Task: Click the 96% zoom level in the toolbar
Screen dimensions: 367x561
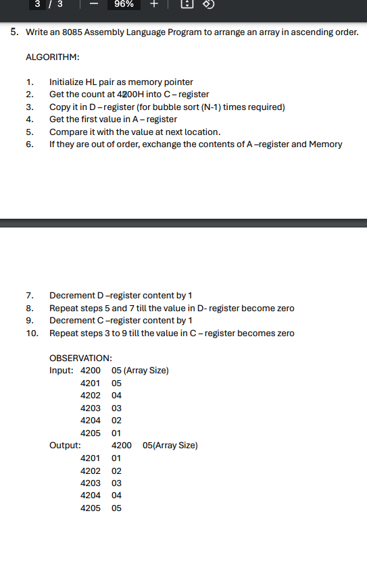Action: pos(124,5)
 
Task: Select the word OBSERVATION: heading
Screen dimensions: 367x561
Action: pos(80,358)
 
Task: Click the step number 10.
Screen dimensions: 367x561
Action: pos(30,333)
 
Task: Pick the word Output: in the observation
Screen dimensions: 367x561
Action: pos(66,445)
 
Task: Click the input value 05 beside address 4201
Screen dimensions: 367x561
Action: pos(116,383)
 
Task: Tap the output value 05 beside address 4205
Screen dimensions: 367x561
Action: pos(116,508)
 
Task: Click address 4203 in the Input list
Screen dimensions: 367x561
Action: pos(90,408)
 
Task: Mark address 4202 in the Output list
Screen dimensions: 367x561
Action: pos(90,470)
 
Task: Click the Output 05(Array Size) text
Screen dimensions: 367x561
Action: pos(170,445)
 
